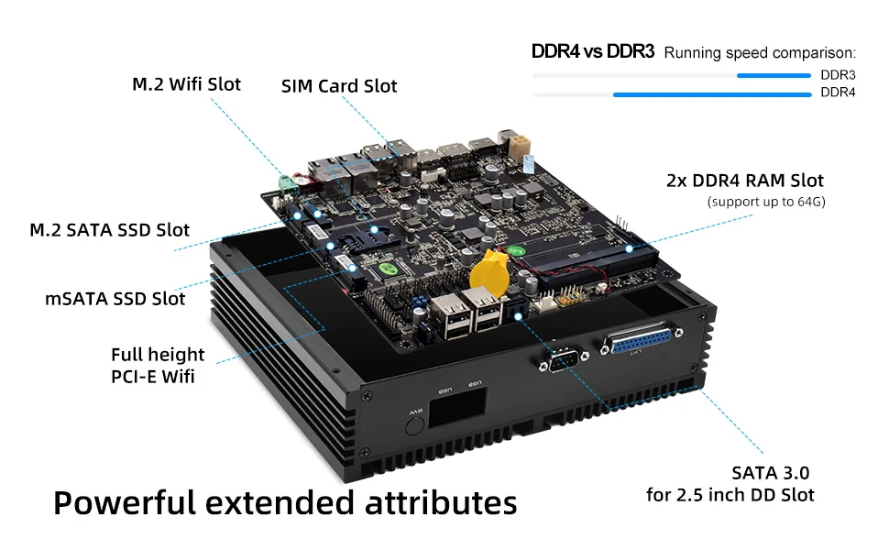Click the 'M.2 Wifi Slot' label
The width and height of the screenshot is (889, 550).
click(x=186, y=84)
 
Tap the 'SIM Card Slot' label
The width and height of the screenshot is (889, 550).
click(x=339, y=86)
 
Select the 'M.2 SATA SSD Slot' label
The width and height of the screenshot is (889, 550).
click(x=109, y=229)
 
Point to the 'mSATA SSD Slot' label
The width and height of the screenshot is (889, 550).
click(x=115, y=299)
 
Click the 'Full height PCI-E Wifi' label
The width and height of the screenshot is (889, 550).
click(x=158, y=365)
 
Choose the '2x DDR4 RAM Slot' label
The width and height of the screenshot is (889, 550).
click(x=744, y=181)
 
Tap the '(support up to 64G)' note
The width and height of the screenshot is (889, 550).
click(x=766, y=202)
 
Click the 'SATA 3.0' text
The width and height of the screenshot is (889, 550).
click(x=770, y=473)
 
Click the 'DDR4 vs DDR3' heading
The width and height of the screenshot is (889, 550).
click(x=592, y=51)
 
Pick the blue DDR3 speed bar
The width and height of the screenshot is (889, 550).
click(x=774, y=76)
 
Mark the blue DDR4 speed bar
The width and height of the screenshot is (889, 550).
click(x=711, y=93)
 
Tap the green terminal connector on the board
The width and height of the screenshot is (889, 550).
click(x=291, y=182)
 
